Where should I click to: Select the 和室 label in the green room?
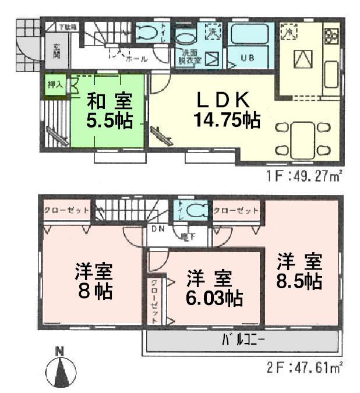point(109,101)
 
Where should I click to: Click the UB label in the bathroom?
point(248,58)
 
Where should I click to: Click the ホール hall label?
point(136,58)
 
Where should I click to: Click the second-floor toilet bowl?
point(197,210)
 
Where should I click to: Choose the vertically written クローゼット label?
point(154,302)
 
